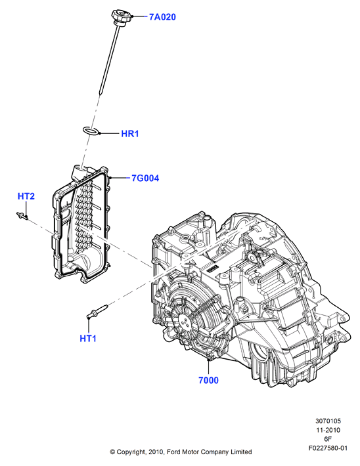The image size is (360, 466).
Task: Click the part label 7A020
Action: tap(162, 17)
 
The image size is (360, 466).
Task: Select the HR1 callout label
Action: tap(130, 134)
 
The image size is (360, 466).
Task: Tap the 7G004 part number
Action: tap(145, 179)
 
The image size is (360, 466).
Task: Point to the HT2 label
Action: tap(26, 196)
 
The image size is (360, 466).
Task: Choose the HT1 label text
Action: tap(88, 338)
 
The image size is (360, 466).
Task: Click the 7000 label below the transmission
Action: tap(208, 380)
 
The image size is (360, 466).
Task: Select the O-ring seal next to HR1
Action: tap(90, 131)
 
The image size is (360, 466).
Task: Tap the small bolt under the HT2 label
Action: tap(22, 216)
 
